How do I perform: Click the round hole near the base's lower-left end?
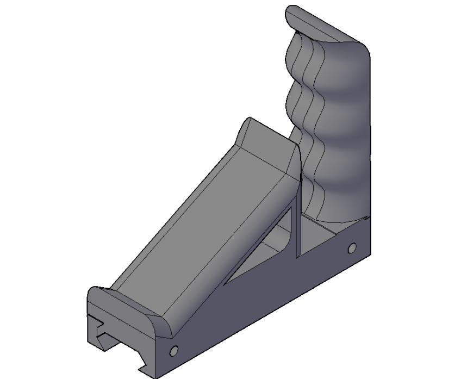(x=174, y=351)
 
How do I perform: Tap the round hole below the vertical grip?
(x=352, y=249)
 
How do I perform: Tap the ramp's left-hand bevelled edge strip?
(x=174, y=201)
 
